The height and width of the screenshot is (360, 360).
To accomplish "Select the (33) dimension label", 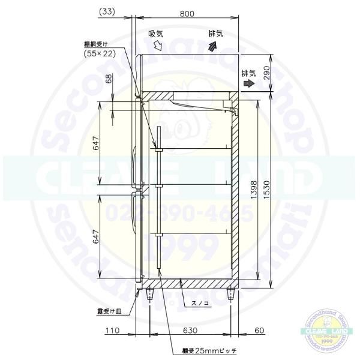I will [x=107, y=11].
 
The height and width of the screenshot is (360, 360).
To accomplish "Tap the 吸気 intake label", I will [x=156, y=34].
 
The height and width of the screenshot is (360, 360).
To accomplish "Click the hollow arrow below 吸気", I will [x=158, y=45].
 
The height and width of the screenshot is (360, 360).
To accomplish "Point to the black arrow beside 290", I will [x=248, y=85].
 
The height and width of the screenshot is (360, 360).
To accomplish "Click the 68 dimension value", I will [x=109, y=79].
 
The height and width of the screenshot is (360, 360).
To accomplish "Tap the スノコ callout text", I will [x=200, y=304].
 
